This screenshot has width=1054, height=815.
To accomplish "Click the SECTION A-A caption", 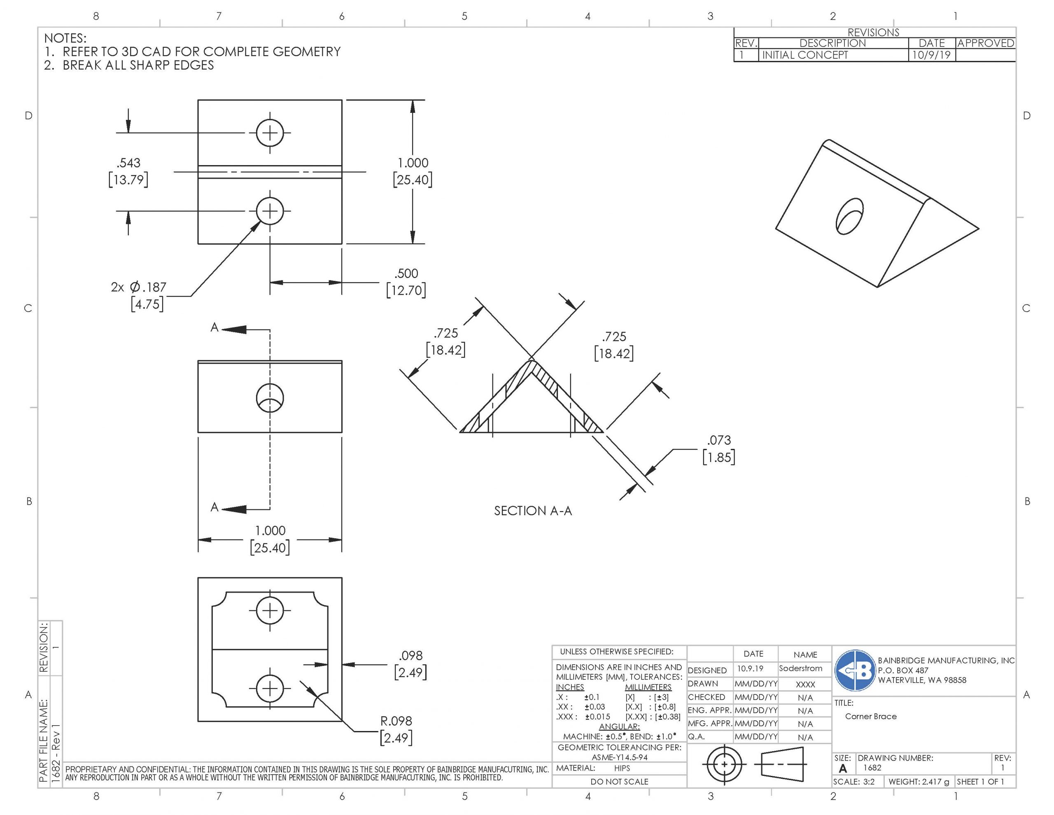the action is (533, 511).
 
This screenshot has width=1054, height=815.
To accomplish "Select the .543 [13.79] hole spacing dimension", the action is (128, 171).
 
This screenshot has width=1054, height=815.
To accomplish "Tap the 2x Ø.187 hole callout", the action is (138, 296).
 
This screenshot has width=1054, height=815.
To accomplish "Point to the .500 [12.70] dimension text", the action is (406, 282).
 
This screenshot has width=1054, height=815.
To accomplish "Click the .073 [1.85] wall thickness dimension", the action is (718, 448).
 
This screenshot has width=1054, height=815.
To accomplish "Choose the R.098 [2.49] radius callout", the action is (396, 729).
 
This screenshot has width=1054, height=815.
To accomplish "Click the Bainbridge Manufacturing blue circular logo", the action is (855, 670).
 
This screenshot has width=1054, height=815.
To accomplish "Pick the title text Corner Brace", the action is (871, 717).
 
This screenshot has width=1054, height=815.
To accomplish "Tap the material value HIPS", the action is (622, 768).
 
